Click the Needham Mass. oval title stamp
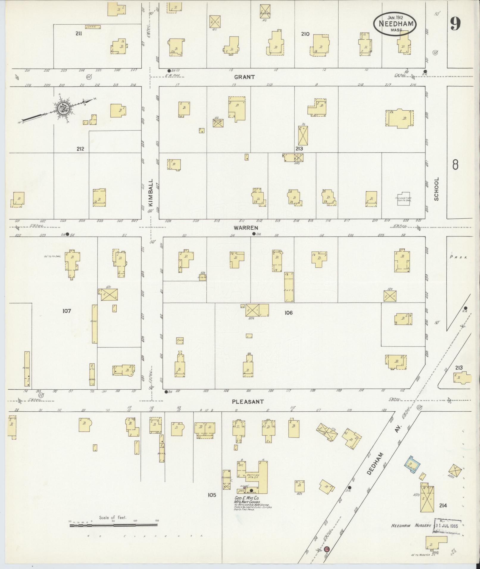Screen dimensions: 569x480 [x=395, y=23]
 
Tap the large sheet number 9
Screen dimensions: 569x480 [x=455, y=24]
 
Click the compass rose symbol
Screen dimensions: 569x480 [x=63, y=109]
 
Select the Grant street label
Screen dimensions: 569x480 [x=244, y=77]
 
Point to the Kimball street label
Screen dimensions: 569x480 [x=150, y=192]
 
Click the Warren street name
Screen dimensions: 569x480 [x=246, y=228]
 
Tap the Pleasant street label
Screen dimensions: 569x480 [x=248, y=402]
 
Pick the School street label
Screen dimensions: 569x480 [x=437, y=189]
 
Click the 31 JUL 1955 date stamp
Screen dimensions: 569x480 [x=448, y=526]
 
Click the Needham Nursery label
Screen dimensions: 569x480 [x=411, y=526]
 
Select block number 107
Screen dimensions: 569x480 [x=67, y=311]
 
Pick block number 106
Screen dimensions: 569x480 [x=288, y=313]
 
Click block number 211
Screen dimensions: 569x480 [x=79, y=34]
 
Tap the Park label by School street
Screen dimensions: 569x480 [x=459, y=257]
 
